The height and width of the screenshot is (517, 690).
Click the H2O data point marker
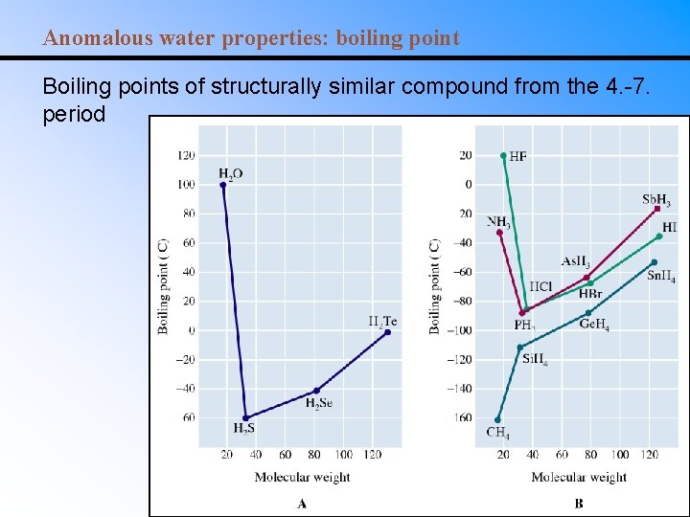click(223, 184)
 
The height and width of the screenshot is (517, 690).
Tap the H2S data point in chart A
click(246, 417)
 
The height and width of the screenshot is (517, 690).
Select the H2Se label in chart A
click(318, 404)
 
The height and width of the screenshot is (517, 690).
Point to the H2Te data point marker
click(388, 332)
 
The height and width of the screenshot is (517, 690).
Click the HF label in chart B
click(517, 156)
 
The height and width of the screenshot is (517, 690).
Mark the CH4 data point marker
click(497, 419)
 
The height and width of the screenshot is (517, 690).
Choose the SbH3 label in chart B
click(656, 200)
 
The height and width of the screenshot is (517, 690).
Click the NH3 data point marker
click(499, 232)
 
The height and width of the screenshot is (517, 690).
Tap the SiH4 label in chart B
click(535, 360)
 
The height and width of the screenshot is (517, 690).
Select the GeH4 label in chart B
click(594, 325)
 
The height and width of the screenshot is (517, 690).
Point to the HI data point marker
click(659, 236)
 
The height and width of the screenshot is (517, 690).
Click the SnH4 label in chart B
click(661, 277)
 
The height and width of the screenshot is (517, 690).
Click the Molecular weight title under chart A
click(302, 477)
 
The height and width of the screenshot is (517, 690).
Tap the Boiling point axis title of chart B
click(435, 286)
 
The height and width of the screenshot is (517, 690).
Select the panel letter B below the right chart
click(579, 504)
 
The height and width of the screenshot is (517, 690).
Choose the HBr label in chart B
click(590, 294)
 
